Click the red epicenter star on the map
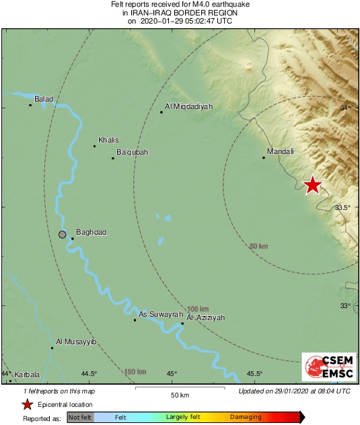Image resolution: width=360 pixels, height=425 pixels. point(312,185)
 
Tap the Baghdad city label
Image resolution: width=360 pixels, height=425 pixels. point(92,233)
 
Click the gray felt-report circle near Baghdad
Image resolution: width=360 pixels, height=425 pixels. point(63,235)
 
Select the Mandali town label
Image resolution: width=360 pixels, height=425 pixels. point(281,151)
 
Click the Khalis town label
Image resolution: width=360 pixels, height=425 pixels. point(108,140)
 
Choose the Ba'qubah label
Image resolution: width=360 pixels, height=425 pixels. point(133,153)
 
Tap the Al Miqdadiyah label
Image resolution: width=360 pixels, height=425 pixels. point(189,106)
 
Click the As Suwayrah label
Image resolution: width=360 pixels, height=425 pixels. point(156,314)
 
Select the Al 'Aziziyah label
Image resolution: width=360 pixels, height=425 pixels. point(205,317)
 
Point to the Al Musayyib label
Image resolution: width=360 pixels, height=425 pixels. point(77,342)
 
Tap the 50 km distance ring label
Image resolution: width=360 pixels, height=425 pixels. point(258,247)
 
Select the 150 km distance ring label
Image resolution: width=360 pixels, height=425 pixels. point(135,371)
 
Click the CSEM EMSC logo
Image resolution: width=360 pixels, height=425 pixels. point(326,367)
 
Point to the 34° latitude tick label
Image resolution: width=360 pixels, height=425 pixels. point(345,108)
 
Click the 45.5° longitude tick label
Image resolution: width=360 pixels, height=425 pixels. point(254,374)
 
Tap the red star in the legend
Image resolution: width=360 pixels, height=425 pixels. point(28,404)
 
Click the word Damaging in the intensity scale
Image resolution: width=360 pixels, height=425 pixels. point(246,418)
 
